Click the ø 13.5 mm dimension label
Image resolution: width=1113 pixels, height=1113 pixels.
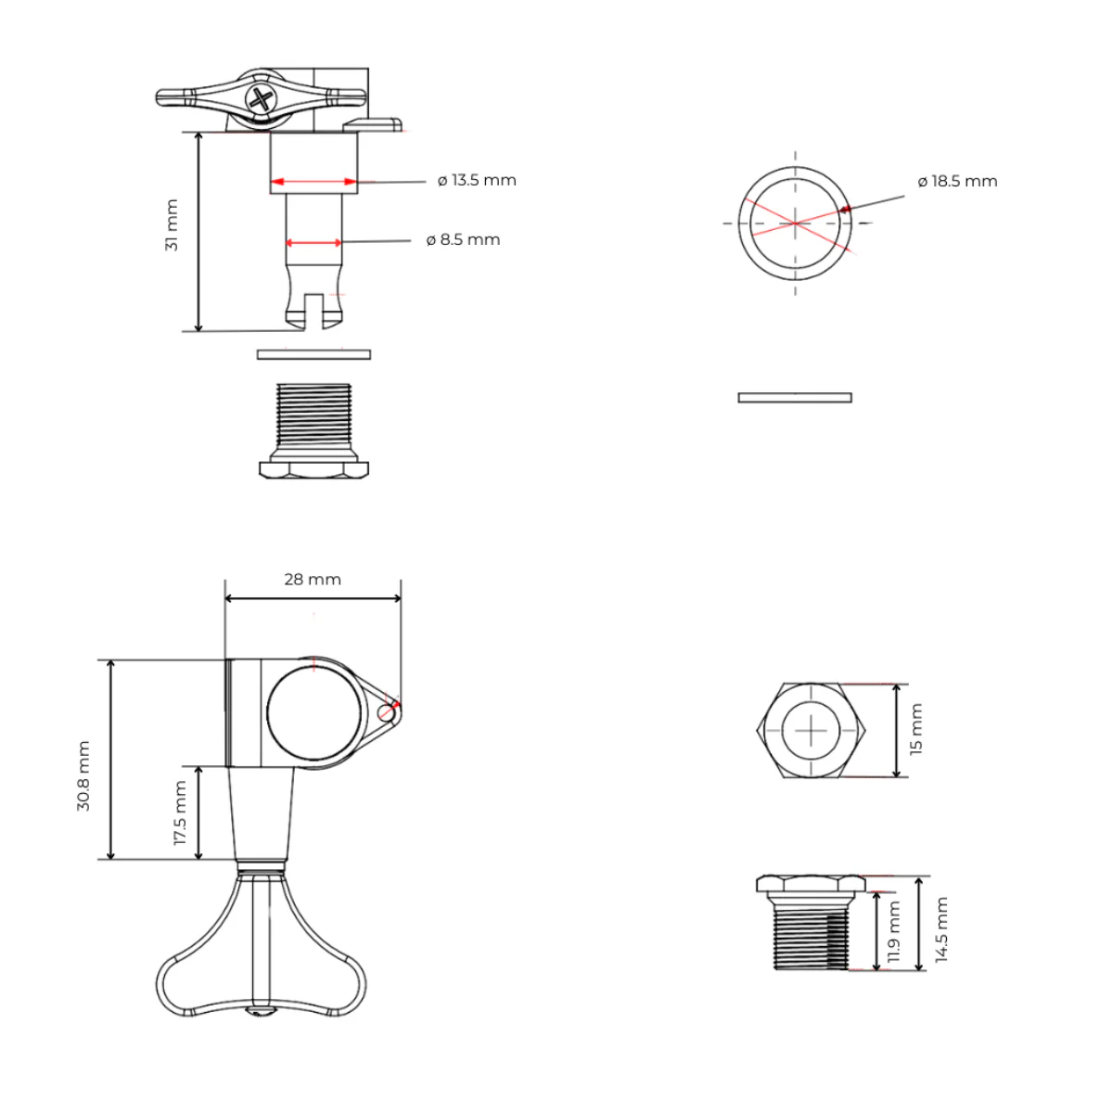[477, 180]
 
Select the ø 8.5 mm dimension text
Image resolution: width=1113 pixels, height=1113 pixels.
[463, 239]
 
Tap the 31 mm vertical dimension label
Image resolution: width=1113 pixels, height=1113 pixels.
[172, 225]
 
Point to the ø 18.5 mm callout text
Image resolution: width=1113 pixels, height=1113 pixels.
[957, 181]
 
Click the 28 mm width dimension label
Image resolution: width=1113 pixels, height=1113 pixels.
[313, 579]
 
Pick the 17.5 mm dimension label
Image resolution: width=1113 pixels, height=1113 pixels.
[180, 812]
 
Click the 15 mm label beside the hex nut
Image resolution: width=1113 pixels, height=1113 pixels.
[916, 729]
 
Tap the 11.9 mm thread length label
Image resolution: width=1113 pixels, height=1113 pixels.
[893, 931]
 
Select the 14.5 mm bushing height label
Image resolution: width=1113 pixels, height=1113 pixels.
[941, 929]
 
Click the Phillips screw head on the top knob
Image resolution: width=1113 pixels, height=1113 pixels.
[261, 99]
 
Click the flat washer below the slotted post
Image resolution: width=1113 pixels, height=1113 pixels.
[313, 353]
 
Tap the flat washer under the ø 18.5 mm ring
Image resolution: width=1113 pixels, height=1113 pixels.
[795, 398]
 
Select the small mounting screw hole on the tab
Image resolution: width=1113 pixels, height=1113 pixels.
[387, 712]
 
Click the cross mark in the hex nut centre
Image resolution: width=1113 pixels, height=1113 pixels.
[811, 731]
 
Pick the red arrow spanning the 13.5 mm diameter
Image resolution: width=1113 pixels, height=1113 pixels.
[313, 182]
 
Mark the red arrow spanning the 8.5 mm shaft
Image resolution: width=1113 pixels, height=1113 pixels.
[313, 243]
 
